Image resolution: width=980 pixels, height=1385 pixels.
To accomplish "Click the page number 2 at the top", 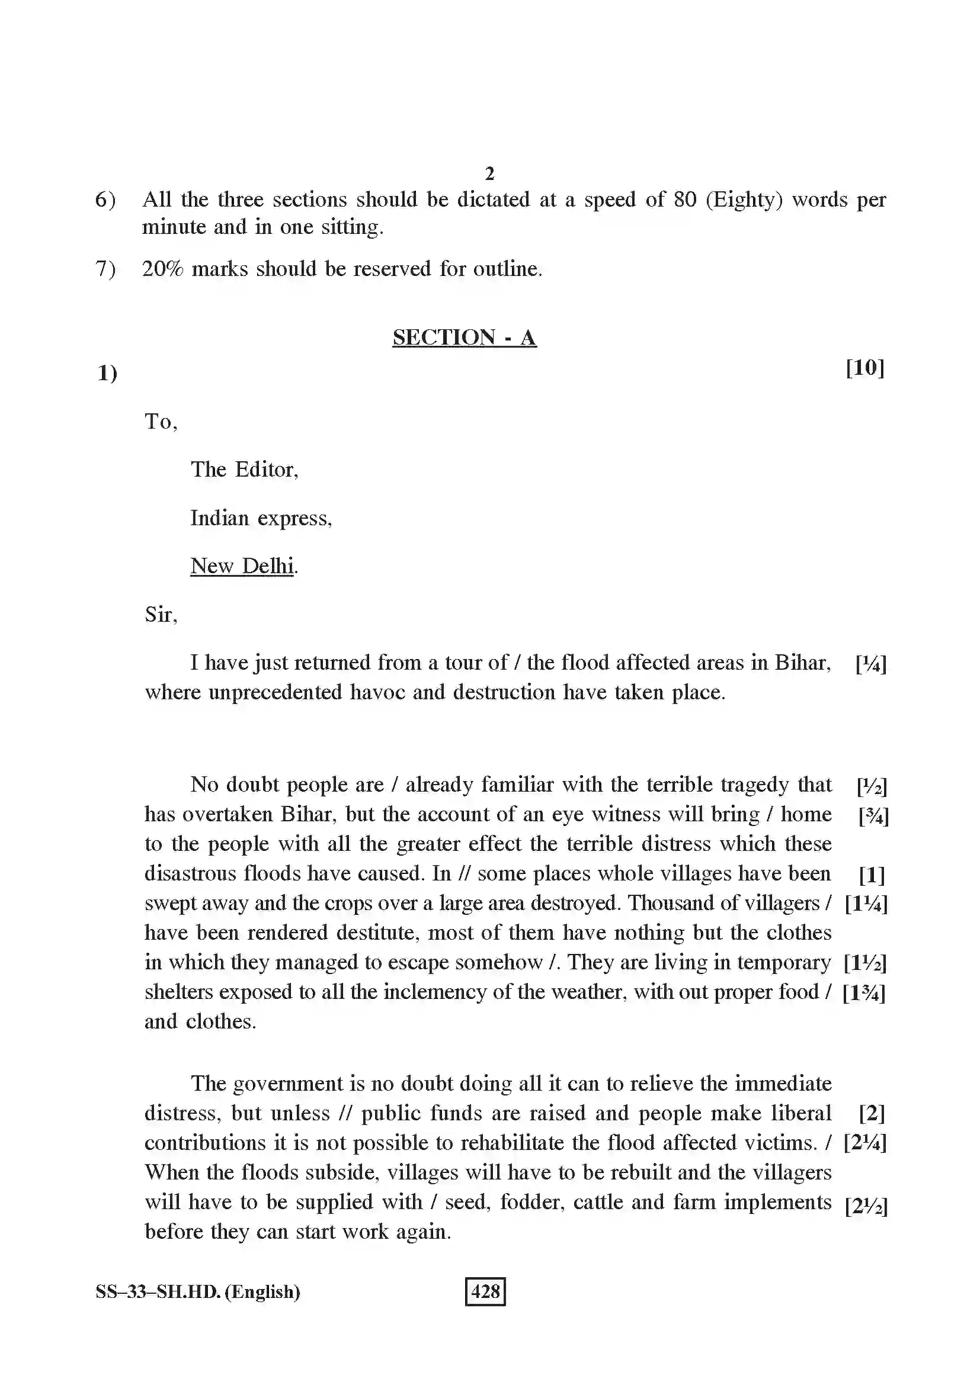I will (489, 173).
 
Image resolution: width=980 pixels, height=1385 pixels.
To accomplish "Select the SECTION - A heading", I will (464, 337).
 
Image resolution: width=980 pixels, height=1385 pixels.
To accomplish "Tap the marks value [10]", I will (864, 367).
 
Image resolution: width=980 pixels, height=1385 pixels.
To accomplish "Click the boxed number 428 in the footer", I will (485, 1291).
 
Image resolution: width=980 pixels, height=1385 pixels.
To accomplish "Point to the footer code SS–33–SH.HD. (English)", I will (198, 1291).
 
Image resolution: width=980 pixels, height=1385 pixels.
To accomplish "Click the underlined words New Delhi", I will (242, 566).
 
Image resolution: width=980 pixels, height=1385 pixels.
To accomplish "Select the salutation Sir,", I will (161, 615).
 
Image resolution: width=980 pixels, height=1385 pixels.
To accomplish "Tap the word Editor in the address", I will (266, 470).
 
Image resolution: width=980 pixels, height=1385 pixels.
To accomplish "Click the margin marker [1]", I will (872, 875).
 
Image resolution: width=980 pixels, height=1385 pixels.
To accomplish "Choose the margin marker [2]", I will (872, 1113).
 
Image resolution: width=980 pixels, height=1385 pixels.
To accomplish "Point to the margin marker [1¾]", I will (864, 992).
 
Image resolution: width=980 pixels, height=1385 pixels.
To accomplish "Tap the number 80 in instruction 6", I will (685, 200).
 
